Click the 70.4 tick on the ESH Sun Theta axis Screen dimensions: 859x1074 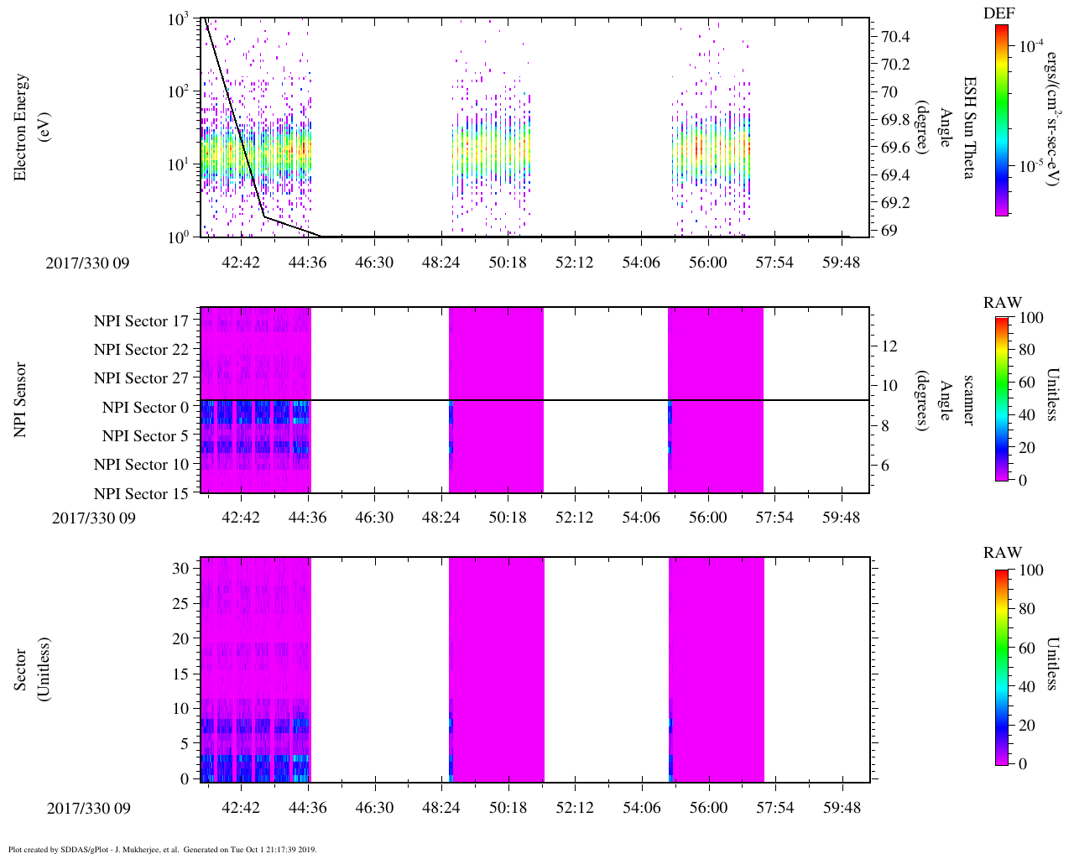coord(895,36)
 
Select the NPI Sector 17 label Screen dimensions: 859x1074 coord(141,321)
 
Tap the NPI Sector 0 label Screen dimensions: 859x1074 coord(145,408)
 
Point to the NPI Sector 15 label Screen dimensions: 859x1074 coord(141,494)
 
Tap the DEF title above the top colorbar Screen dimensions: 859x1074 coord(999,13)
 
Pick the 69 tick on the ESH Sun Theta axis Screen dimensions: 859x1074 coord(889,231)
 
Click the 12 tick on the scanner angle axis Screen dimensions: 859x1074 coord(890,346)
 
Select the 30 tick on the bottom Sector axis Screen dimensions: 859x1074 coord(180,568)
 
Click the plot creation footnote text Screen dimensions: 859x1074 coord(163,850)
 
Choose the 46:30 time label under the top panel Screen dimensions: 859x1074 coord(374,263)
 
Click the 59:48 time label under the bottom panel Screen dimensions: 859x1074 coord(841,808)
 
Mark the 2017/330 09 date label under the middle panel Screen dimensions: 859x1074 coord(93,518)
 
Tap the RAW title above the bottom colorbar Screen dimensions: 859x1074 coord(1003,553)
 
